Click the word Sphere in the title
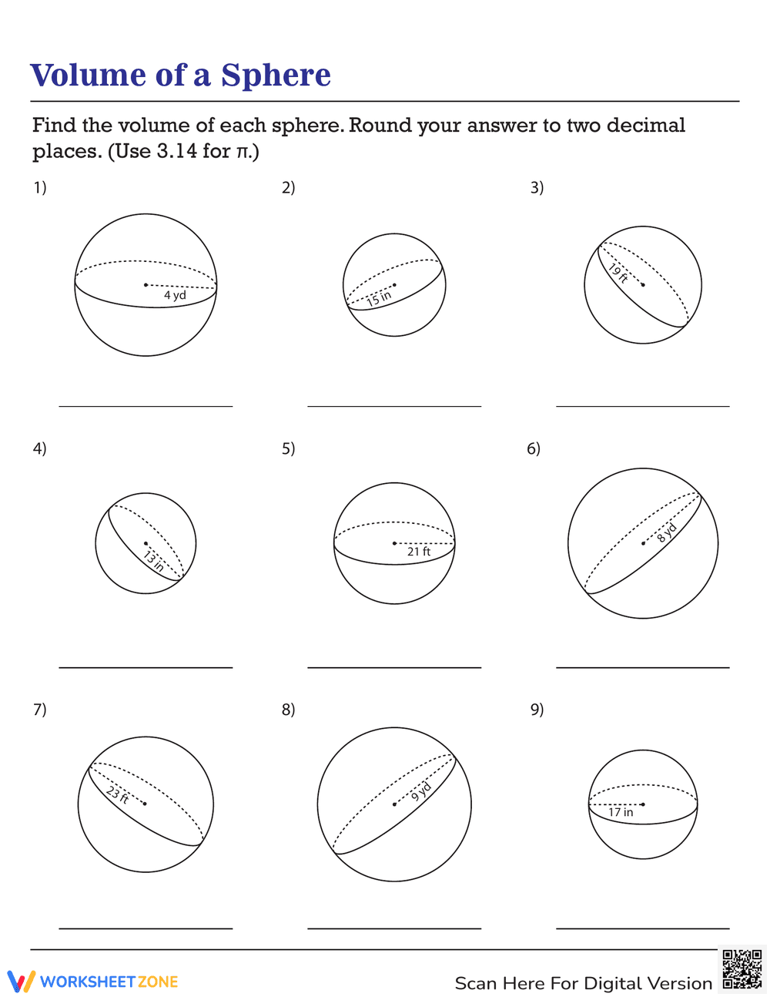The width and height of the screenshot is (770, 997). point(276,76)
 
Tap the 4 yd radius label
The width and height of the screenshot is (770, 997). point(175,295)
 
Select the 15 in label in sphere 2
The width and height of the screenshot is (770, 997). point(379,297)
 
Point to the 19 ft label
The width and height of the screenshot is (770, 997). point(618,274)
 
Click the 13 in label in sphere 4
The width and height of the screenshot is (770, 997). point(153,560)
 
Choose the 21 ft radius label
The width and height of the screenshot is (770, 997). point(419,552)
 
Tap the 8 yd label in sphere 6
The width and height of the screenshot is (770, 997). point(667,532)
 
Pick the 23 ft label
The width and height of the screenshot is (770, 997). point(117,794)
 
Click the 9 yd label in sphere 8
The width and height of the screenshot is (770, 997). point(420,791)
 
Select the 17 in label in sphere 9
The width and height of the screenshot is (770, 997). point(621,812)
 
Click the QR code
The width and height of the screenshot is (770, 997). point(742,969)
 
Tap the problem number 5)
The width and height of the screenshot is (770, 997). point(288,448)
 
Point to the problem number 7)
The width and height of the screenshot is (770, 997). point(39,710)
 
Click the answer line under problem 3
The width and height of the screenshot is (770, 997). point(642,406)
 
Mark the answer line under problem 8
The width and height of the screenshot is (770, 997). point(394,928)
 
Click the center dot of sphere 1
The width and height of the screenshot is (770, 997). point(146,285)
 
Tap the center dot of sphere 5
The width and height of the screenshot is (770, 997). point(394,543)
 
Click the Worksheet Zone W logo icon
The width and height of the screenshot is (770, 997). point(21,981)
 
